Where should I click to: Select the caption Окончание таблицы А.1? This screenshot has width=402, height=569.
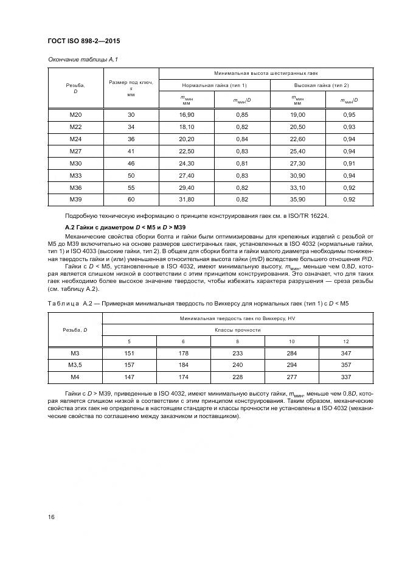tap(82, 60)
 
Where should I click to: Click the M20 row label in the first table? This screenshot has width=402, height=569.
tap(75, 114)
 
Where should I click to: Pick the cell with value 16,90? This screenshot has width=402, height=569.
tap(187, 114)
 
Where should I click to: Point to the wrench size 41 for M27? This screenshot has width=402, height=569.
tap(131, 151)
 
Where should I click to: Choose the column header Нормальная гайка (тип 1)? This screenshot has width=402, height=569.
tap(214, 85)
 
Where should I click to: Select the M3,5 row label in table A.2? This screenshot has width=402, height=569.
tap(75, 365)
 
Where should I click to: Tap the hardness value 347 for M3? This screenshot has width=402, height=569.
tap(347, 353)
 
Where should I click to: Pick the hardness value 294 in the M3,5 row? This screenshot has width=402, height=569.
tap(292, 365)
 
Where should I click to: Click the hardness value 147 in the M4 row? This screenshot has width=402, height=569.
tap(129, 377)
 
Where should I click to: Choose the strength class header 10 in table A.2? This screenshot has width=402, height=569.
tap(292, 340)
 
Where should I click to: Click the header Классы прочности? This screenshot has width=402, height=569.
tap(238, 329)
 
